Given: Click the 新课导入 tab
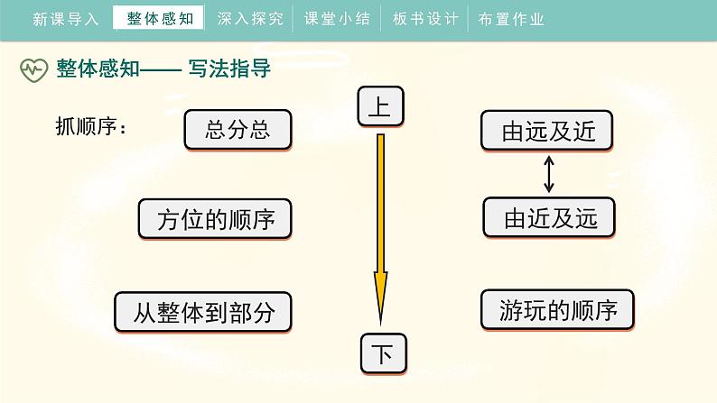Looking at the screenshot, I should coord(65,18).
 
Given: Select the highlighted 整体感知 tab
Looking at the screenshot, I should coord(160,18).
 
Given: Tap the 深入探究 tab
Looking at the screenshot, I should coord(250,18).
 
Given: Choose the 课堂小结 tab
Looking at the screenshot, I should coord(338,18).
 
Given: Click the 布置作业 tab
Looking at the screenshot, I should coord(511,18).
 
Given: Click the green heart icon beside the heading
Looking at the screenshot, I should coord(34,69).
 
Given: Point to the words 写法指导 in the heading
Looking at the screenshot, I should coord(229,69).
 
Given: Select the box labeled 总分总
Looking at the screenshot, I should coord(238,130).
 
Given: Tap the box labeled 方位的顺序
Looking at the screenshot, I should coord(215,220).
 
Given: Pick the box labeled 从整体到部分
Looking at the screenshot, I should coord(203,313).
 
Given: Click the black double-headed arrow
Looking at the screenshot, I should coord(548,175).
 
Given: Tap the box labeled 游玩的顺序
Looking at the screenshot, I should coord(557,311).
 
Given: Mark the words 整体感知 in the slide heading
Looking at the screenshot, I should coord(98,69).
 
